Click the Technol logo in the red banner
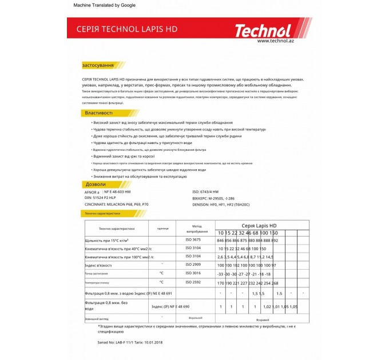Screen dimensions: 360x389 point(263,30)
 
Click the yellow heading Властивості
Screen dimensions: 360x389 point(99,113)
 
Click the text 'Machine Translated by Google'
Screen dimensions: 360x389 point(105,5)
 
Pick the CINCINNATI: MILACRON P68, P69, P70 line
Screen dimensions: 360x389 point(116,204)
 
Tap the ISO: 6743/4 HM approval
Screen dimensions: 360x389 point(205,192)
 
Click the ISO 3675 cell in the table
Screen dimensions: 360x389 point(193,240)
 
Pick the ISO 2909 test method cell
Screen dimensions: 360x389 point(193,265)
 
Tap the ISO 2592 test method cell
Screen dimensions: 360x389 point(193,282)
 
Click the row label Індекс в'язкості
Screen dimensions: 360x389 point(98,265)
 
